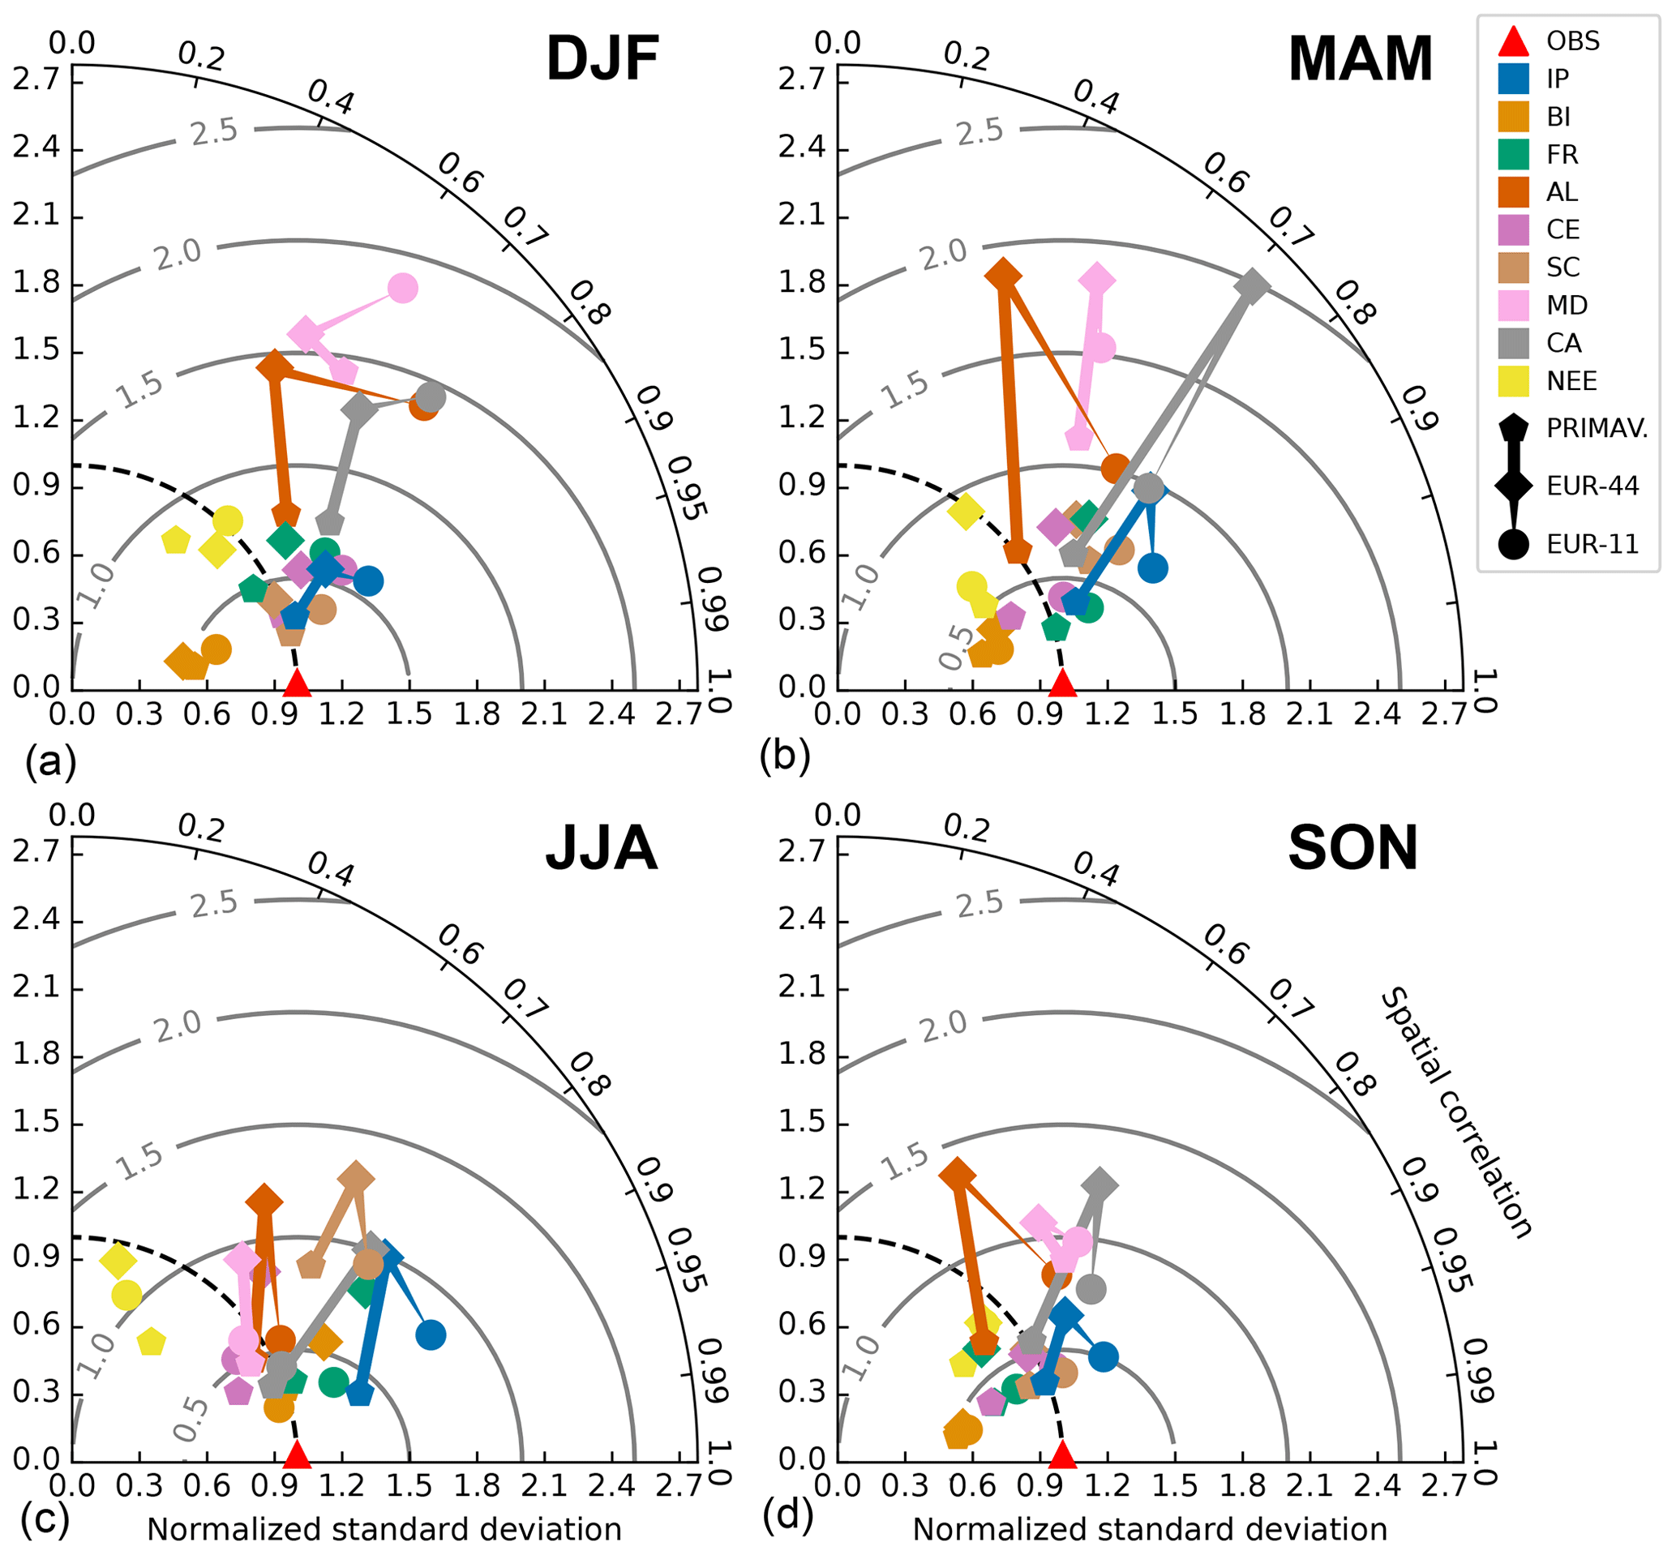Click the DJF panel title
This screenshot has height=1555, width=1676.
[602, 59]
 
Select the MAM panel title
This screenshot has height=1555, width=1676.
[1360, 59]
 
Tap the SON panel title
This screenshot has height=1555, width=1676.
[1353, 847]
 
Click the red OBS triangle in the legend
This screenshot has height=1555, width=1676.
[1514, 41]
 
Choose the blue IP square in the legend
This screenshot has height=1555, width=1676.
[1514, 79]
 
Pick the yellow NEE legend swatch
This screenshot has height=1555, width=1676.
[1514, 381]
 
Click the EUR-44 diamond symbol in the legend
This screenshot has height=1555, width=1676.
[1514, 486]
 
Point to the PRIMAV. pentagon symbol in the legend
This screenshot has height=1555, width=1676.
[1514, 428]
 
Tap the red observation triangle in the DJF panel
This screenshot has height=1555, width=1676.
[296, 683]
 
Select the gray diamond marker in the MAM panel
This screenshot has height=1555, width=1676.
[1252, 286]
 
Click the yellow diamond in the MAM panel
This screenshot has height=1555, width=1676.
[965, 510]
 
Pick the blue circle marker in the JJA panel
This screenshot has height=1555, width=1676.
[431, 1334]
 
